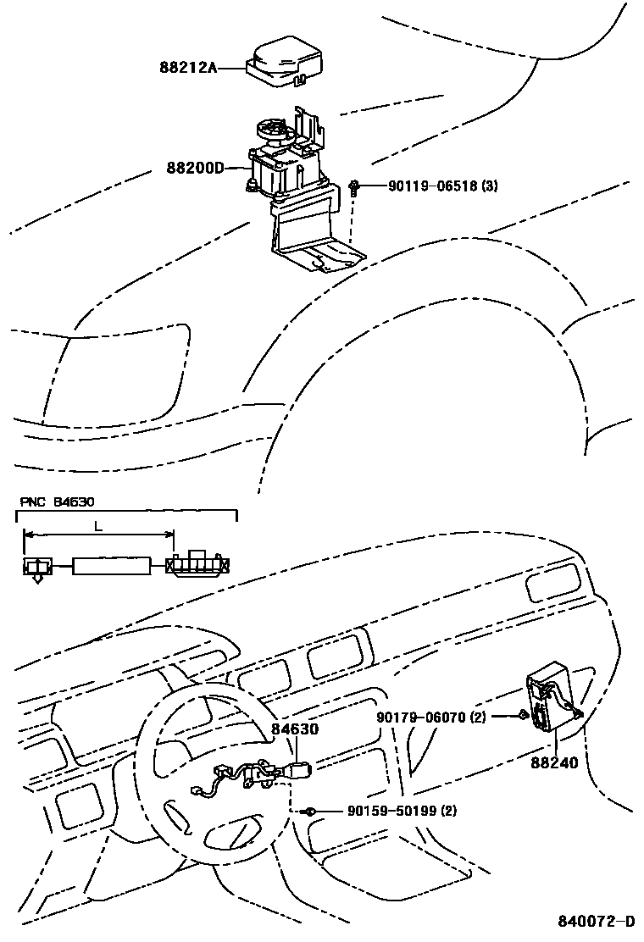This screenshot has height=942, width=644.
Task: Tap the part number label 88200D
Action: [195, 168]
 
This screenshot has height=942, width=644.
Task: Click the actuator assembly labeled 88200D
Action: [288, 169]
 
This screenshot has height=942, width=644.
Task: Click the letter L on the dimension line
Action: [98, 526]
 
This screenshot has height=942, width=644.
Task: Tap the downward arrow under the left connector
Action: [36, 579]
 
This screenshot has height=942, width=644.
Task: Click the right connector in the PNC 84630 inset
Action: [199, 563]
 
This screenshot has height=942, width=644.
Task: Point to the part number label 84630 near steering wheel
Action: [295, 728]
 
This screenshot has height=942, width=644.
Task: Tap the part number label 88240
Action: [554, 762]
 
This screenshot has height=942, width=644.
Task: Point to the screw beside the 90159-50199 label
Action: [312, 812]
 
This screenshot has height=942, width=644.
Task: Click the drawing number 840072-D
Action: [596, 921]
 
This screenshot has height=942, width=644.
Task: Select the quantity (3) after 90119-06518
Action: [489, 186]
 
